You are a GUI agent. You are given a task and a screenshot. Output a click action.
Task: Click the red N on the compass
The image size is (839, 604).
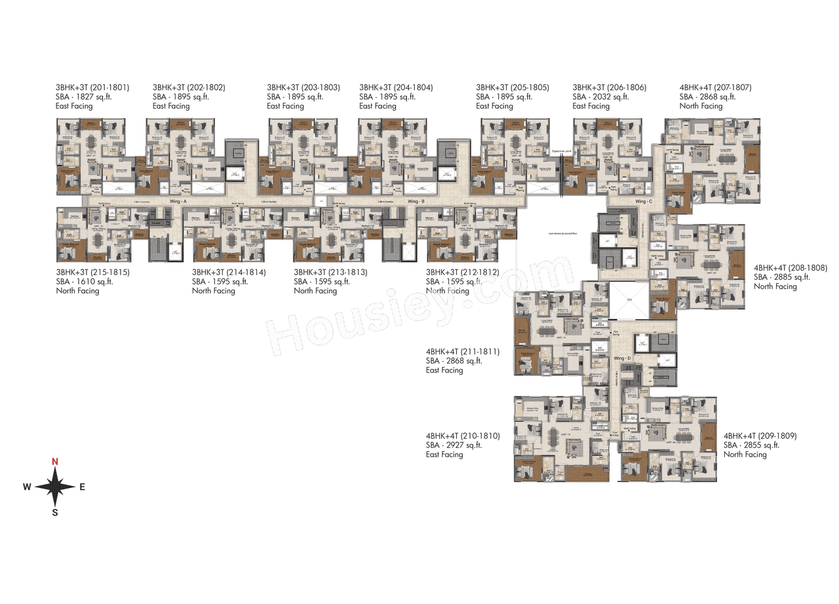pyautogui.click(x=55, y=462)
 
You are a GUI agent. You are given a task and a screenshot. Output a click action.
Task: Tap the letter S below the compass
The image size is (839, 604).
pyautogui.click(x=55, y=512)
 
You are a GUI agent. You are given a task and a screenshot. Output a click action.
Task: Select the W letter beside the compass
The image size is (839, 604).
pyautogui.click(x=27, y=487)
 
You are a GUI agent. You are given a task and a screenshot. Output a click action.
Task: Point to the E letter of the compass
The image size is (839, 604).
pyautogui.click(x=82, y=487)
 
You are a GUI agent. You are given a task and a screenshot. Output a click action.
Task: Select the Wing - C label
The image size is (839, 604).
pyautogui.click(x=644, y=202)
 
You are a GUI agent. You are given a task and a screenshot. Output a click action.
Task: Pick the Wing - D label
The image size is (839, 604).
pyautogui.click(x=622, y=358)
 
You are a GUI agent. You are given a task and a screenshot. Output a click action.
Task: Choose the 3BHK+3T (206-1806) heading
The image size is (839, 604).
pyautogui.click(x=609, y=88)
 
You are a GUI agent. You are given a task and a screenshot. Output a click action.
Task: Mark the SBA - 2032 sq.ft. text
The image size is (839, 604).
pyautogui.click(x=600, y=97)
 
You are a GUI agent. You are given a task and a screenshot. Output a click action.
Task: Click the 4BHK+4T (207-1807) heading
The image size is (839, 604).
pyautogui.click(x=715, y=88)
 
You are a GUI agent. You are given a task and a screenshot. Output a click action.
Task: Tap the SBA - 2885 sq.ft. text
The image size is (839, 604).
pyautogui.click(x=781, y=277)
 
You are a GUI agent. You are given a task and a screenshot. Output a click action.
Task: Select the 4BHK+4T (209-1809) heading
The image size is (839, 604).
pyautogui.click(x=760, y=436)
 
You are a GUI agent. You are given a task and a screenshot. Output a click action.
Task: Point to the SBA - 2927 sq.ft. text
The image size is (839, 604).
pyautogui.click(x=454, y=445)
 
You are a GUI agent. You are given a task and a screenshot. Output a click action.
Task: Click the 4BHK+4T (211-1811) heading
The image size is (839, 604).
pyautogui.click(x=462, y=352)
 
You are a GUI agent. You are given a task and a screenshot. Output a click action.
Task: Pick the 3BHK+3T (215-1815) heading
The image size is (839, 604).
pyautogui.click(x=92, y=273)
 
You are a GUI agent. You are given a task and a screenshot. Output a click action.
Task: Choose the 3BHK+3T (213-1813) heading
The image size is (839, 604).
pyautogui.click(x=330, y=273)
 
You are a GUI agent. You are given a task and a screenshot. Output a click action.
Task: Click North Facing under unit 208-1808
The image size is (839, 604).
pyautogui.click(x=775, y=286)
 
